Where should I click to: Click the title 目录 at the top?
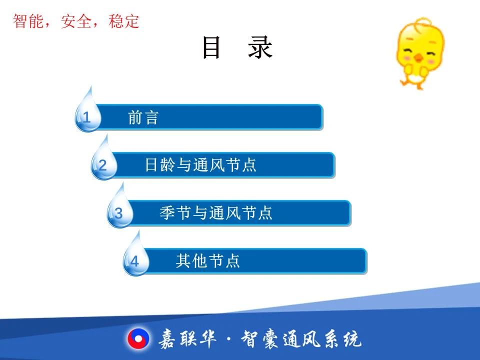pyautogui.click(x=237, y=47)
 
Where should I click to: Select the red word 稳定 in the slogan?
pyautogui.click(x=124, y=21)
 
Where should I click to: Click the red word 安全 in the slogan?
pyautogui.click(x=76, y=21)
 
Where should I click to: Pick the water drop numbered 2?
pyautogui.click(x=104, y=160)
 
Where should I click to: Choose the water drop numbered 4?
pyautogui.click(x=136, y=256)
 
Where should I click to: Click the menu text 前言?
pyautogui.click(x=143, y=117)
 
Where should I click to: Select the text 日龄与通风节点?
pyautogui.click(x=200, y=165)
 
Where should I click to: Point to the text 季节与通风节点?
pyautogui.click(x=216, y=213)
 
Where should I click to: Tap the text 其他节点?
pyautogui.click(x=208, y=261)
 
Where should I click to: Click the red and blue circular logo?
pyautogui.click(x=138, y=339)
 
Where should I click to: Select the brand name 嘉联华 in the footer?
pyautogui.click(x=187, y=339)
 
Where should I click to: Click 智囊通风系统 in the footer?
pyautogui.click(x=301, y=339)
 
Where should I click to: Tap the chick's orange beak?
pyautogui.click(x=418, y=57)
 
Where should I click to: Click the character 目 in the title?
pyautogui.click(x=211, y=47)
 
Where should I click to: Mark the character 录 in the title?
pyautogui.click(x=260, y=47)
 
